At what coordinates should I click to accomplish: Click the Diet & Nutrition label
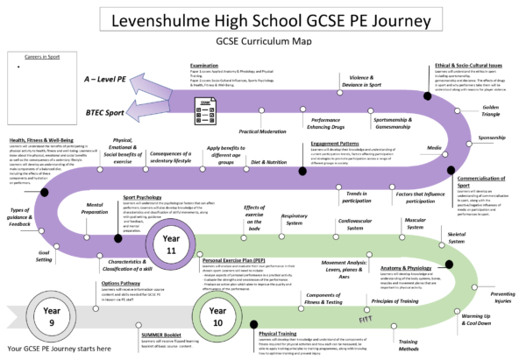coord(269,163)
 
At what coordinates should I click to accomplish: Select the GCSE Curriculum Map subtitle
coord(263,40)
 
